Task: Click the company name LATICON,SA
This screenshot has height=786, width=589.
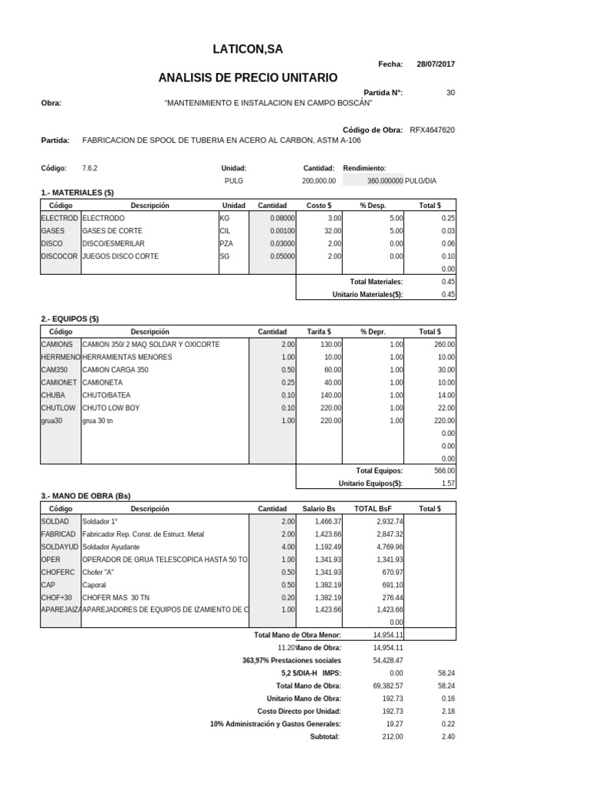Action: pos(247,49)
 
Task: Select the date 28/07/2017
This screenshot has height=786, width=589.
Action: pos(436,64)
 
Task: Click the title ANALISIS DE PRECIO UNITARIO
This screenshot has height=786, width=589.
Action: pos(247,78)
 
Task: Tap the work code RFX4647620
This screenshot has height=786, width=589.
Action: pos(433,130)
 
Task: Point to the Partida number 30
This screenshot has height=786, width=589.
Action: pos(450,92)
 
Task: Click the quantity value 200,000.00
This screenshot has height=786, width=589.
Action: pos(319,180)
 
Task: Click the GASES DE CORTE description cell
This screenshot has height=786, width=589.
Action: pos(112,230)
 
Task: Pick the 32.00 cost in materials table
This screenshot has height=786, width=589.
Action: pos(333,230)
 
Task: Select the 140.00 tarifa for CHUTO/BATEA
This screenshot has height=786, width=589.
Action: pos(331,395)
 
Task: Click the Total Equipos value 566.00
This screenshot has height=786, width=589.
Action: pos(445,471)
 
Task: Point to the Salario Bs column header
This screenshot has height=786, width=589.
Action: pos(319,509)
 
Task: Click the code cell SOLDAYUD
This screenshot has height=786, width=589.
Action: pos(58,547)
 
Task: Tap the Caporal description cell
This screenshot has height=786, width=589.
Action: pos(95,584)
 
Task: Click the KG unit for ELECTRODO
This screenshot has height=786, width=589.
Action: pos(225,218)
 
